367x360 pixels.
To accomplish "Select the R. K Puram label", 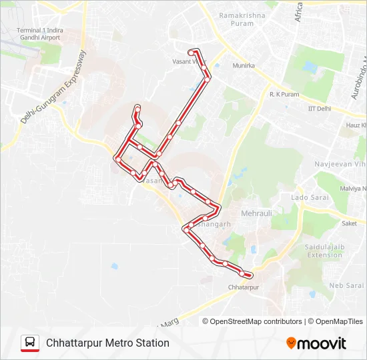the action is click(284, 95).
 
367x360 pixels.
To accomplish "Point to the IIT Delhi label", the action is click(319, 109).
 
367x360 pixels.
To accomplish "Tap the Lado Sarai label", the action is click(308, 197).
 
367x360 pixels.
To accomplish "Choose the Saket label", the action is click(349, 224).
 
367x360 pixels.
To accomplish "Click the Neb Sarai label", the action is click(344, 285).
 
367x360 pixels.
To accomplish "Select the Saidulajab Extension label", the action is click(324, 251).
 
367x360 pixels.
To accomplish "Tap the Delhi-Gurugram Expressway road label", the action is click(53, 87).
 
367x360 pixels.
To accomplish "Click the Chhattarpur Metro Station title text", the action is click(107, 343).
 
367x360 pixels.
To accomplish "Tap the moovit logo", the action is click(316, 343).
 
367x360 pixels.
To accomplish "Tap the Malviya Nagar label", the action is click(353, 189).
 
